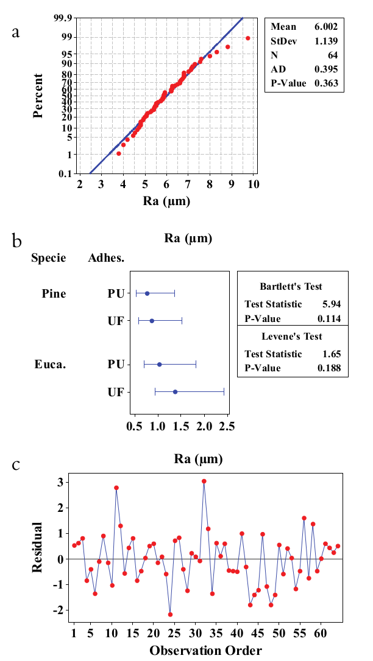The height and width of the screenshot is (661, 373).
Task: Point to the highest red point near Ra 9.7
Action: [248, 38]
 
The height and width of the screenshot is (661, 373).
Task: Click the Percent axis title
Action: [38, 96]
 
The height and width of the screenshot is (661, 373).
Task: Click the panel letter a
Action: [16, 32]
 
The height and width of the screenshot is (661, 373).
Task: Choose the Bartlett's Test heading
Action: [291, 286]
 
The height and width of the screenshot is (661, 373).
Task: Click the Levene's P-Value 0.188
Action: [329, 368]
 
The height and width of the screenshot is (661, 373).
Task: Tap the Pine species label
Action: [54, 293]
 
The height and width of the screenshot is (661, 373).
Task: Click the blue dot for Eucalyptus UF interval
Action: [175, 392]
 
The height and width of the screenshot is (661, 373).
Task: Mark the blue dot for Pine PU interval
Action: [147, 293]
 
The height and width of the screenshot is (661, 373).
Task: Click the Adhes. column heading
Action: [106, 258]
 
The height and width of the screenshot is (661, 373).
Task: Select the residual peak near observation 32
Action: [204, 481]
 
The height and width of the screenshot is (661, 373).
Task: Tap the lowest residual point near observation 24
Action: [170, 614]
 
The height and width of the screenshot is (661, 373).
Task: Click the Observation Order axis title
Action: [205, 650]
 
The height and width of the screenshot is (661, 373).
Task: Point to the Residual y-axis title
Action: [38, 547]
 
